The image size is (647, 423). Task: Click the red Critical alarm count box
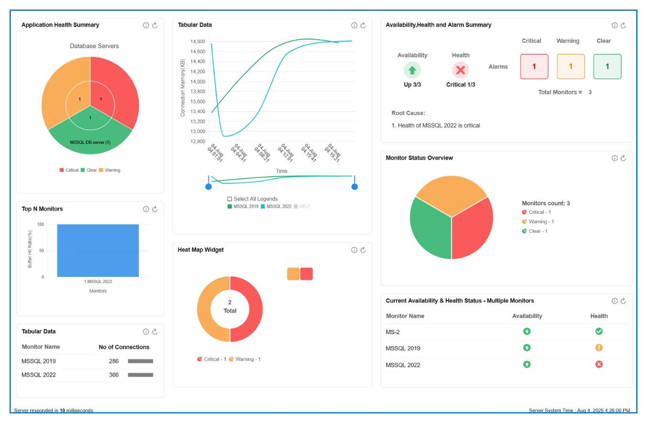coord(534,67)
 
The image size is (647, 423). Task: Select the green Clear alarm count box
coord(607,67)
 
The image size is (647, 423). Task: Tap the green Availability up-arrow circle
coord(412,70)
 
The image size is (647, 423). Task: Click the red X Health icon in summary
coord(461,70)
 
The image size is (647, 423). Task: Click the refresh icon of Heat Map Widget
coord(363,250)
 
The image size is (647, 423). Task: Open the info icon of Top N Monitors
coord(146,209)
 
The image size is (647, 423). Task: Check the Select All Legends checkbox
coord(230,199)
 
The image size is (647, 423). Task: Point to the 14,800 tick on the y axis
coord(197,42)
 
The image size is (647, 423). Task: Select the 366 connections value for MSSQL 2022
coord(114,375)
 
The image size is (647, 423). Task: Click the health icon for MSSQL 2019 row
coord(599,348)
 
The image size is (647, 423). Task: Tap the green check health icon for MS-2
coord(599,331)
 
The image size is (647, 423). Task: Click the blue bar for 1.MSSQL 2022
coord(98,250)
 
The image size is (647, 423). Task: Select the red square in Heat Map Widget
coord(307,274)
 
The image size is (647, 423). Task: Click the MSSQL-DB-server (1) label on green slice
coord(90,143)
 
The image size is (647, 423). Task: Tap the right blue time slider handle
coord(354,187)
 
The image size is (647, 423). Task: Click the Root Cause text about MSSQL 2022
coord(435,125)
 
